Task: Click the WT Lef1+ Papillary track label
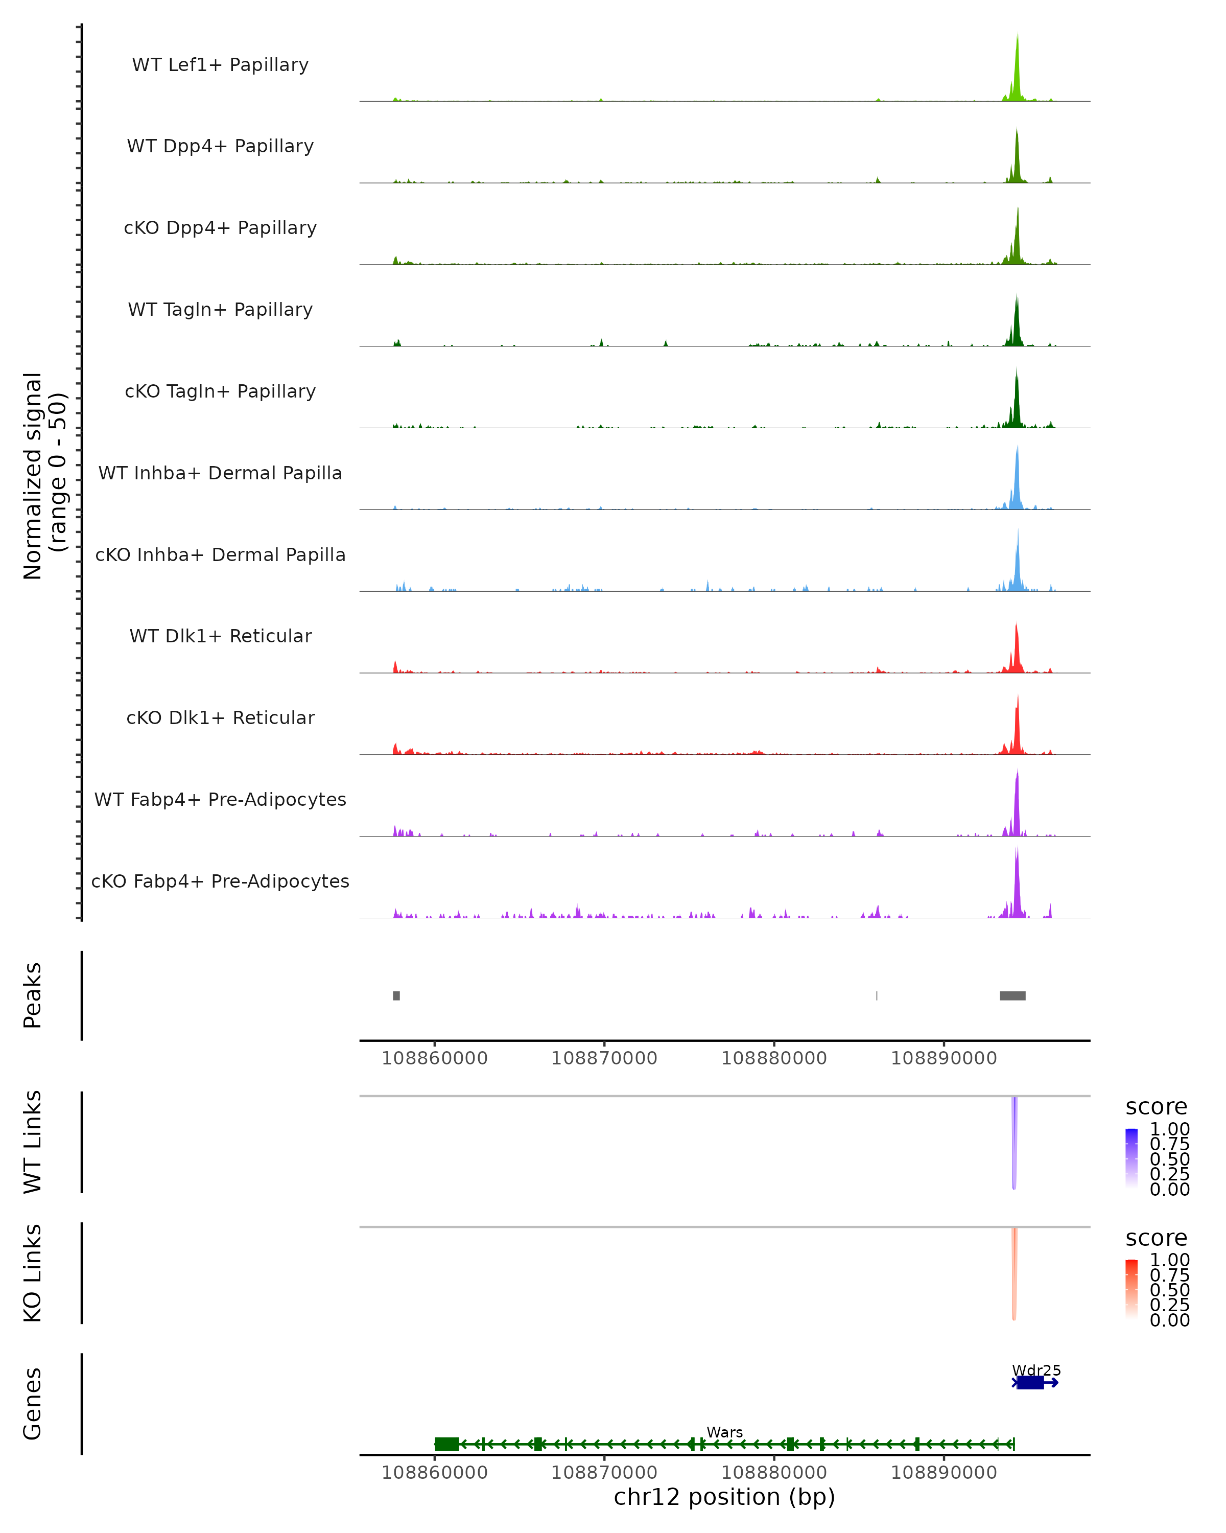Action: [220, 65]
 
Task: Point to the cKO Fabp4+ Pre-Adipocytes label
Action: [220, 881]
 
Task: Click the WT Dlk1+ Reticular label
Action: [220, 636]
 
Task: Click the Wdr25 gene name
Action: [1036, 1370]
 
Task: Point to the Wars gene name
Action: [724, 1432]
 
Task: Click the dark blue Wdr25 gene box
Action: [1030, 1382]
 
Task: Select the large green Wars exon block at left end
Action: [446, 1444]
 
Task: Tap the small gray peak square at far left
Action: [396, 995]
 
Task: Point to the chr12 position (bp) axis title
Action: [724, 1497]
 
